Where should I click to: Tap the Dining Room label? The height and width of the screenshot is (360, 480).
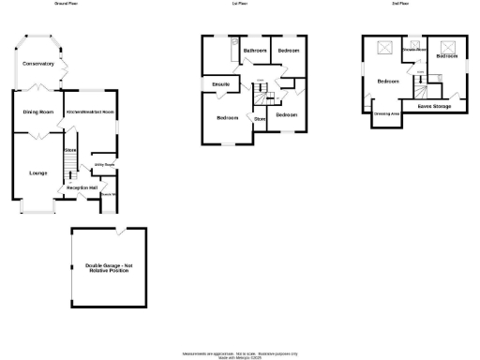(x=37, y=112)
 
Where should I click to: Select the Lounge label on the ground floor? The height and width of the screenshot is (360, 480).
(x=37, y=172)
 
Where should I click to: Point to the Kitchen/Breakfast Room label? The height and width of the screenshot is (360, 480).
(x=90, y=111)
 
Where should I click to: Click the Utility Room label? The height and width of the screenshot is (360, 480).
(x=103, y=167)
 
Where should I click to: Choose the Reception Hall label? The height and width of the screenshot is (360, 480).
(x=82, y=187)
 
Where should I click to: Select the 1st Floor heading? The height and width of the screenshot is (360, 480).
(x=241, y=4)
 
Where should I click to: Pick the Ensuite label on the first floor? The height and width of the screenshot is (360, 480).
(x=221, y=85)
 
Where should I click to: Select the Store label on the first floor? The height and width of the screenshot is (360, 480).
(x=259, y=119)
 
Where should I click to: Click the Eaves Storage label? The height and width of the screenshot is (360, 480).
(x=433, y=106)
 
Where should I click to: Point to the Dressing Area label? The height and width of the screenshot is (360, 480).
(x=387, y=114)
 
